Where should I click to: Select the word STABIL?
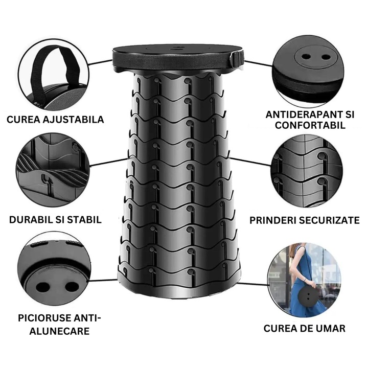click(83, 220)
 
